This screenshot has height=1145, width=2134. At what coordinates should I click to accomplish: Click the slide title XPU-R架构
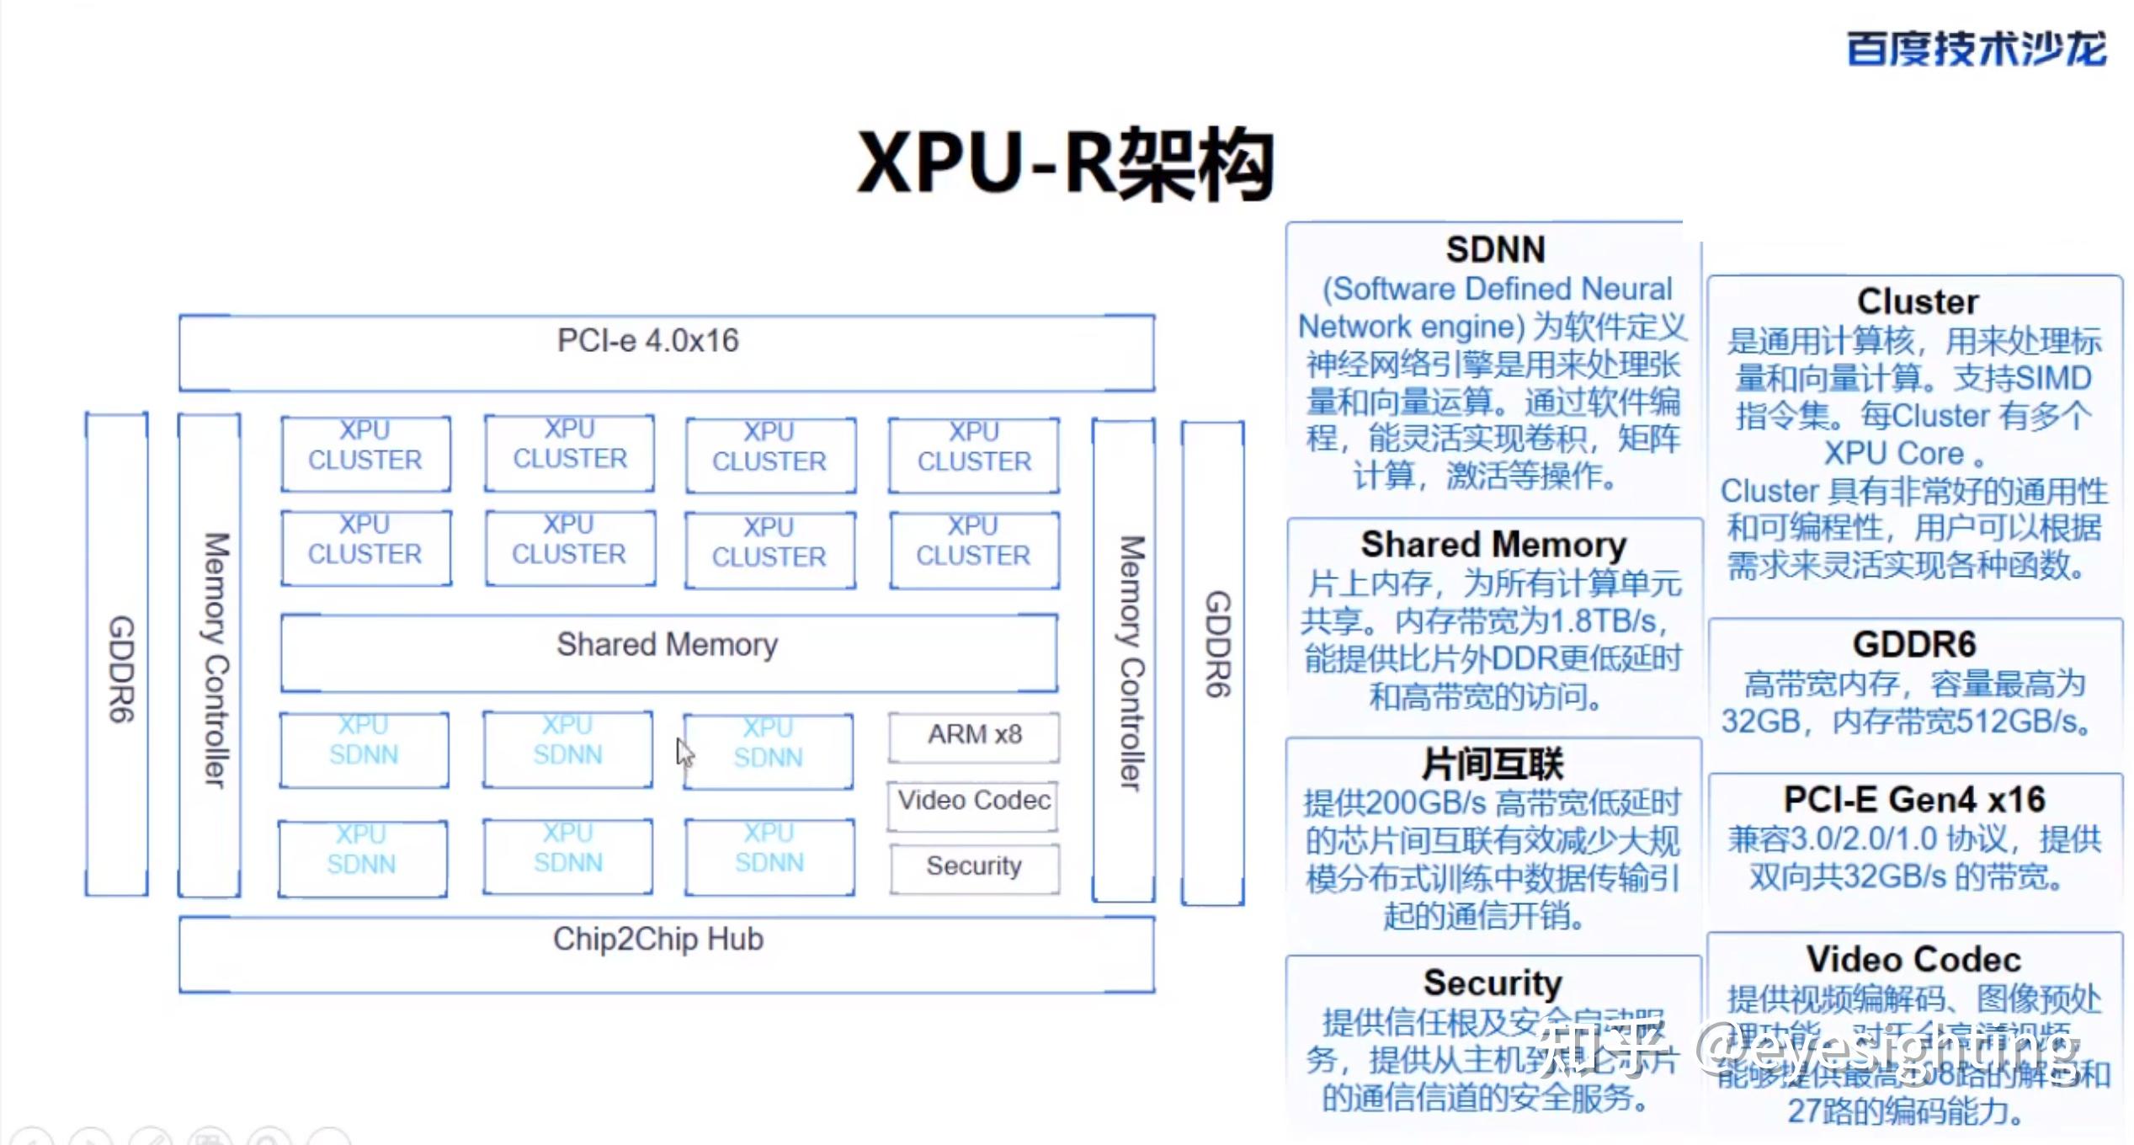click(1065, 164)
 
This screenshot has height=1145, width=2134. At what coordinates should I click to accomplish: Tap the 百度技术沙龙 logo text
click(1976, 49)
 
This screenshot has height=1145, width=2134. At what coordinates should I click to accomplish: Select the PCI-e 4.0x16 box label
click(648, 341)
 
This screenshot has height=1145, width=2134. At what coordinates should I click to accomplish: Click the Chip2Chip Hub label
click(657, 940)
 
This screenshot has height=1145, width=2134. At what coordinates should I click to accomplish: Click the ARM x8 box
click(974, 735)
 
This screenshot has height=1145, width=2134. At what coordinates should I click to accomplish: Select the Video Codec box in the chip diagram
click(974, 801)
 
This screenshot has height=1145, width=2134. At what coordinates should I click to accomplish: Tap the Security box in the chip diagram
click(974, 866)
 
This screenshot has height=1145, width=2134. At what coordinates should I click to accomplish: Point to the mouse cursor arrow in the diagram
click(684, 751)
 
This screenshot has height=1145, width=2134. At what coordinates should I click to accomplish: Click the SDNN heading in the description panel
click(1495, 250)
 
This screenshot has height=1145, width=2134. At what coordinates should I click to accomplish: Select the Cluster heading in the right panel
click(1917, 302)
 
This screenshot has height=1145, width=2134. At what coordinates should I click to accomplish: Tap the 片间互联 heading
click(1492, 764)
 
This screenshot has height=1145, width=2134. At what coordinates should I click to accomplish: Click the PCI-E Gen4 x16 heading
click(1913, 800)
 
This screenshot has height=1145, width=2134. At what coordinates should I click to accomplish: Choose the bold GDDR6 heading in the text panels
click(1913, 645)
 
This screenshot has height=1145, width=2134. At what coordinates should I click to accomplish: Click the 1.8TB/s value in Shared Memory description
click(1604, 621)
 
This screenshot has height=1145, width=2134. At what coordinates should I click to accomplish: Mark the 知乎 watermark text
click(1599, 1048)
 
